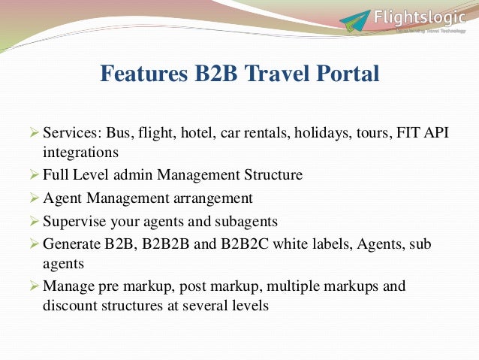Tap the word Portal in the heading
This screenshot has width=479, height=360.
(x=346, y=74)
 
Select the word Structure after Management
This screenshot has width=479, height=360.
(x=272, y=175)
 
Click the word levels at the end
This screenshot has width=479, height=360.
(x=249, y=305)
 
